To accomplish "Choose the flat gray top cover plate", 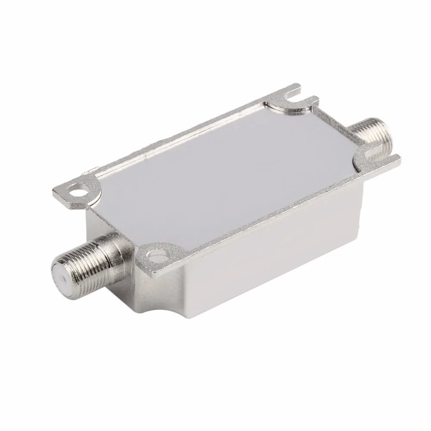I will (228, 164).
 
